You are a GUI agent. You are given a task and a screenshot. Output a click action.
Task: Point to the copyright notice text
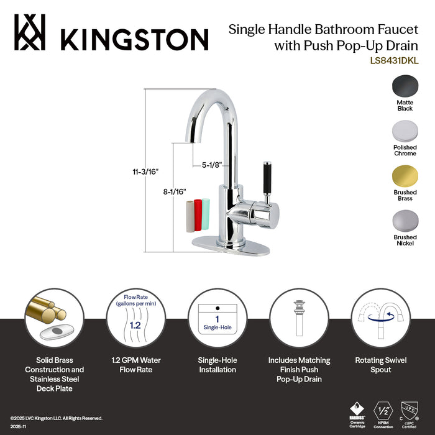point(55,418)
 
